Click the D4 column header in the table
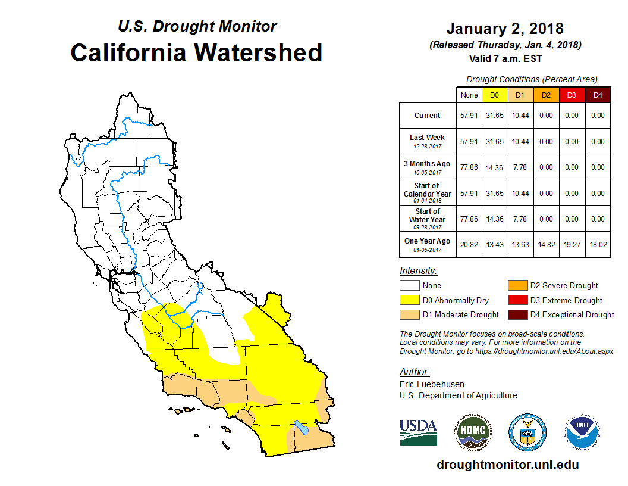click(x=598, y=95)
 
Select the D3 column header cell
click(x=572, y=95)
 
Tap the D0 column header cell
click(x=494, y=95)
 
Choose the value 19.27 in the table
click(x=572, y=244)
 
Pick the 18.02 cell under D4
click(x=598, y=244)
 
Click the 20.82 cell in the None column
click(x=469, y=244)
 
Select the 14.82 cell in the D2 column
click(x=546, y=244)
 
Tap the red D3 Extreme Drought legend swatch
click(x=517, y=300)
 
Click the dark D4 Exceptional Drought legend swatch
click(x=517, y=314)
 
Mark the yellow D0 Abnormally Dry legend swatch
click(x=409, y=300)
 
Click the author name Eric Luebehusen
click(x=432, y=384)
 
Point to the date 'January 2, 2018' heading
click(x=505, y=29)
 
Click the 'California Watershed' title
click(x=196, y=52)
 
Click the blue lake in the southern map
click(x=301, y=428)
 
